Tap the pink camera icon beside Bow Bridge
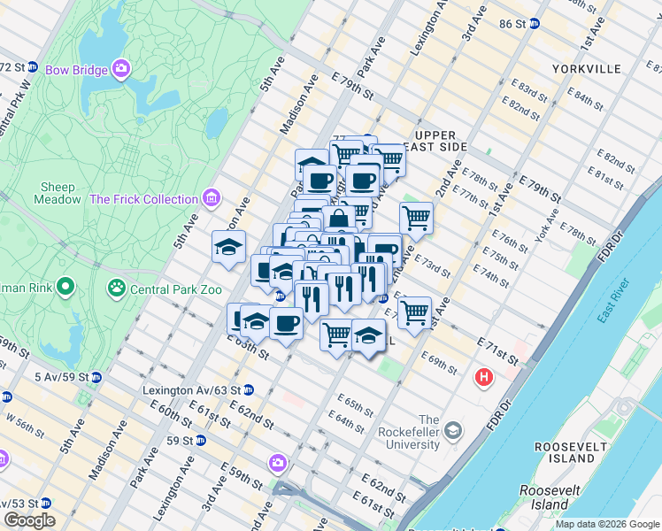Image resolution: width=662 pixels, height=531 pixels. (x=121, y=68)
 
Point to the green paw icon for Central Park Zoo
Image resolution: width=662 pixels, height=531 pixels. (x=115, y=287)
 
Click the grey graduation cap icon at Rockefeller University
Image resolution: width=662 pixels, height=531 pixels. (x=453, y=431)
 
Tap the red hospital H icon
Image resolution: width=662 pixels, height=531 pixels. (x=484, y=378)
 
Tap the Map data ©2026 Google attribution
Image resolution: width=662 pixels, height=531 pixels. (x=606, y=524)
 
